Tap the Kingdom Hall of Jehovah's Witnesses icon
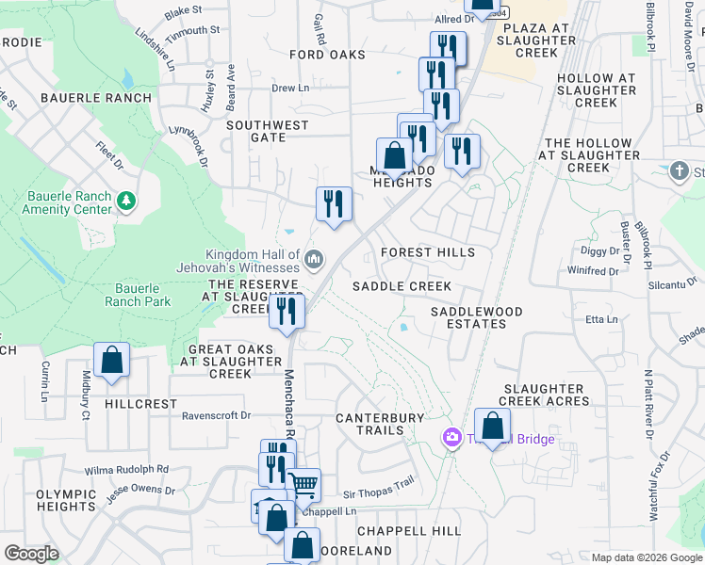[314, 258]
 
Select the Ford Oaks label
[327, 55]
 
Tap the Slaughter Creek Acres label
[546, 395]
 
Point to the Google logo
[32, 554]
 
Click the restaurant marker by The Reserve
[287, 312]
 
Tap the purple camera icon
[452, 438]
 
